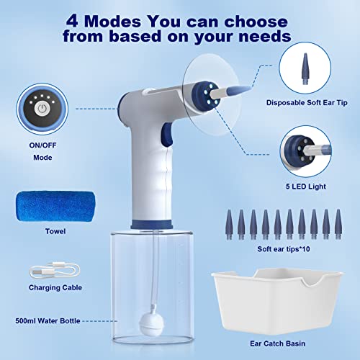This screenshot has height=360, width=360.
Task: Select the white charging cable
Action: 56,275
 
